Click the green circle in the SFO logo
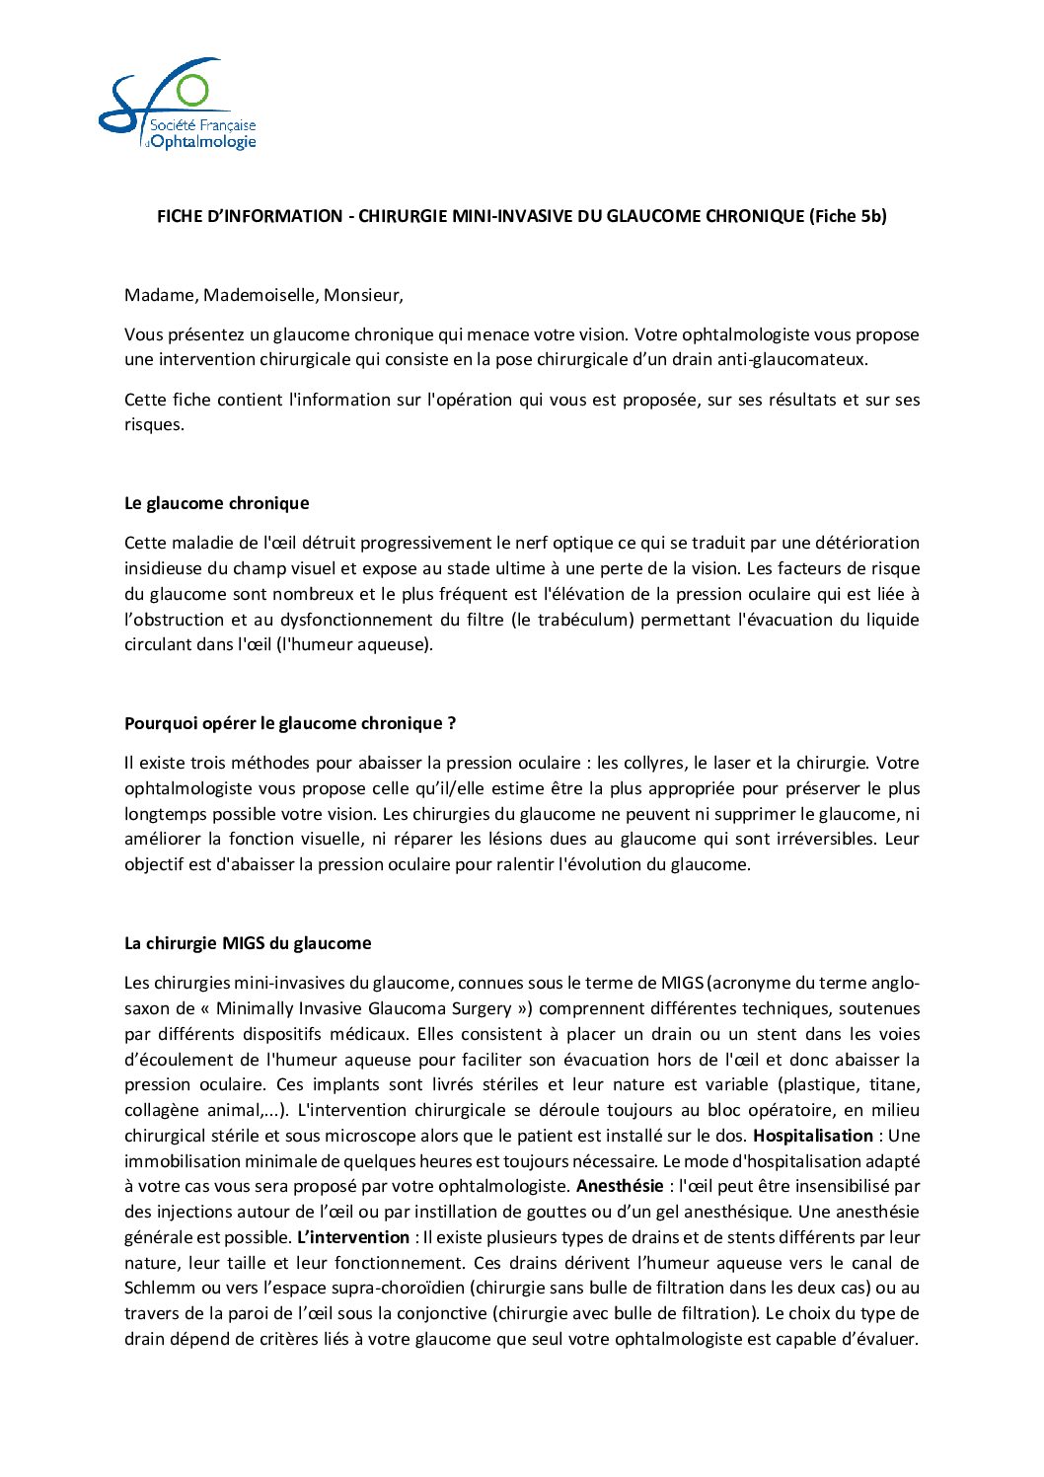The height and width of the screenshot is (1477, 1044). (x=192, y=90)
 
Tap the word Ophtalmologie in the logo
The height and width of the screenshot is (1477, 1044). (x=203, y=142)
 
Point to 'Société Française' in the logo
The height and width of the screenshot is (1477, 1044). (x=202, y=125)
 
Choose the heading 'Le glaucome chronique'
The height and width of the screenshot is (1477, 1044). (x=216, y=503)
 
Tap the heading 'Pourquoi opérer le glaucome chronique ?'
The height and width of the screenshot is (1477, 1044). (x=290, y=723)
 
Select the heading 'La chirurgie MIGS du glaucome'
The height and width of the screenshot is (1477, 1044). (x=248, y=943)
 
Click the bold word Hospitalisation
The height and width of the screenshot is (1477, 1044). (x=813, y=1136)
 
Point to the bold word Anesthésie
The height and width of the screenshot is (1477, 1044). (x=620, y=1186)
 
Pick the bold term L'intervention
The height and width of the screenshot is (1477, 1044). (x=353, y=1237)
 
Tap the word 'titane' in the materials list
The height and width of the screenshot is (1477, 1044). (x=895, y=1084)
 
